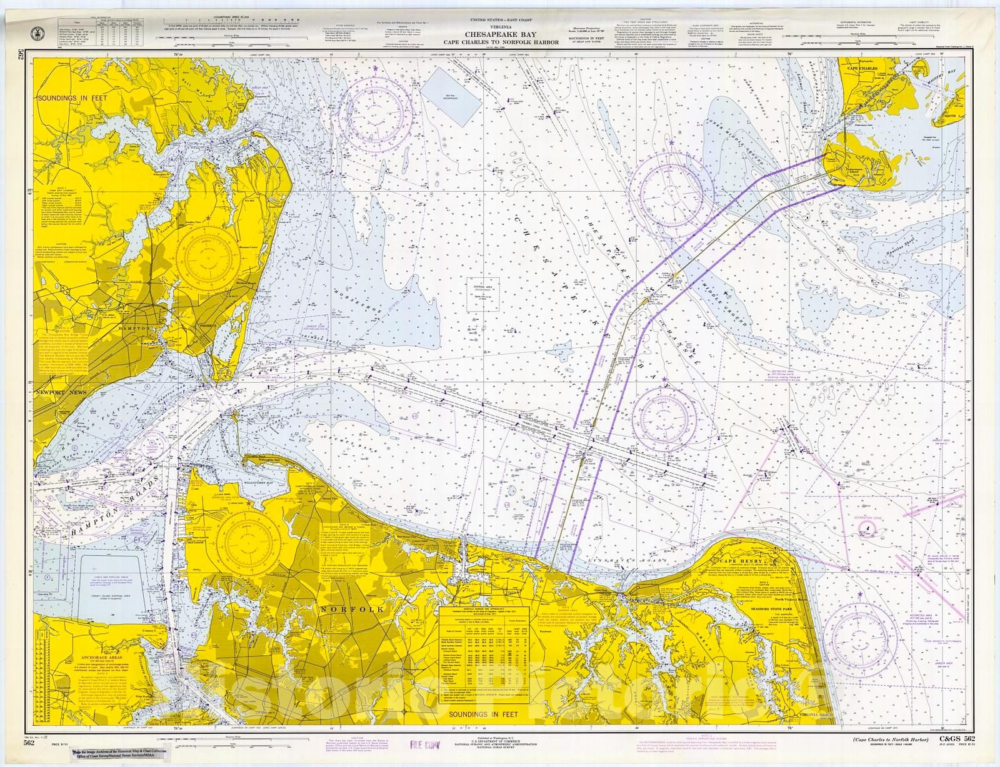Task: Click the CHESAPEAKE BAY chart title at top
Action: pos(499,35)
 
